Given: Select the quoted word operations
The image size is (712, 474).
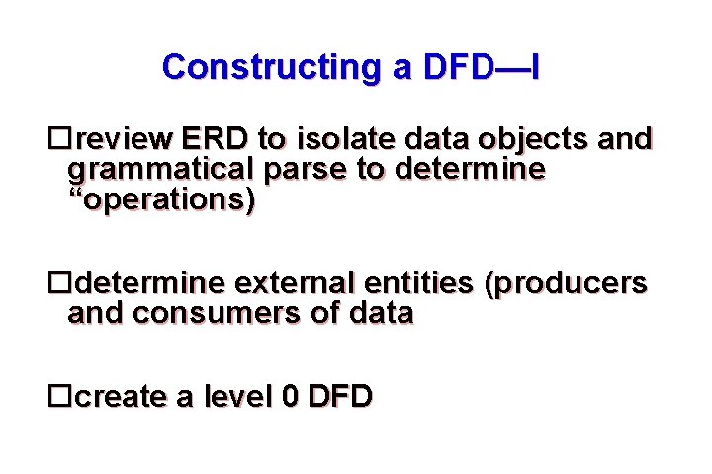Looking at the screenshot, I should (162, 200).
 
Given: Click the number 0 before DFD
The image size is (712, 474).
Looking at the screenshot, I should (289, 397).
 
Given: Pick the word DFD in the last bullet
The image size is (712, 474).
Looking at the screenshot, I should (339, 397).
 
